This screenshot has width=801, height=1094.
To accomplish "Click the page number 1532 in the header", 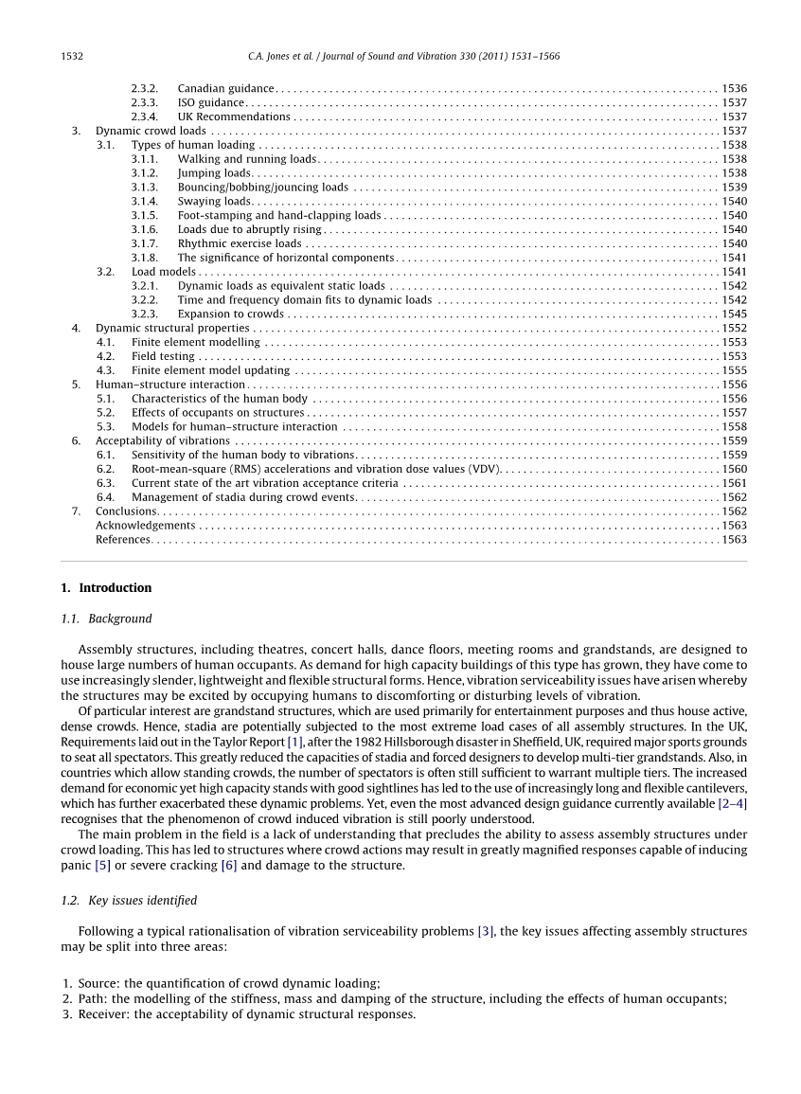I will (x=72, y=57).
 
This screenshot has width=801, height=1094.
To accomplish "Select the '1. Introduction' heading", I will (x=105, y=588).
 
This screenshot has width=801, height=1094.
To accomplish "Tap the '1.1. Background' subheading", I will (x=106, y=619).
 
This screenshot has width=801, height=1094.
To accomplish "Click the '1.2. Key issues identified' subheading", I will (x=129, y=901).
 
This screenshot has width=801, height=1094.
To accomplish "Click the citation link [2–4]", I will (x=732, y=804).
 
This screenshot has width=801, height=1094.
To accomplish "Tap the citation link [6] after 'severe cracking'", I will (x=229, y=866).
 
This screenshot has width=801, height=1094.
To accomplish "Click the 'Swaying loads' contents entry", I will (x=214, y=202).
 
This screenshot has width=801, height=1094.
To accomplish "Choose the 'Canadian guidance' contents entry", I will (x=225, y=89).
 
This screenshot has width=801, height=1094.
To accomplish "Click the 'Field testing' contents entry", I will (x=163, y=357).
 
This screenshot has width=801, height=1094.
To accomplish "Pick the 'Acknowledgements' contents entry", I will (x=145, y=526).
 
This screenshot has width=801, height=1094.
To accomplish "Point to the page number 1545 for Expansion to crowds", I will (x=734, y=314).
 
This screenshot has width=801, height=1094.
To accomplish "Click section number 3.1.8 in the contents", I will (x=144, y=258).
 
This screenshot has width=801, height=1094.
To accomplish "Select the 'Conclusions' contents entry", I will (x=126, y=511).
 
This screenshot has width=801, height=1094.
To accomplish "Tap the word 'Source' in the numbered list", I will (x=97, y=984).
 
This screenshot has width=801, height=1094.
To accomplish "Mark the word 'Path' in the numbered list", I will (x=91, y=999).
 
